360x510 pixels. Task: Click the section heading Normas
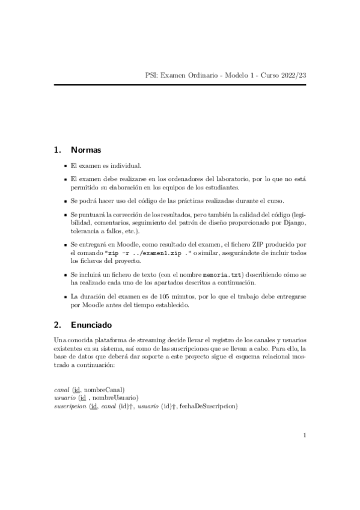click(x=85, y=149)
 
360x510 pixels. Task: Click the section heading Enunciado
click(x=91, y=325)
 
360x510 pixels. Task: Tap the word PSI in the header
click(x=151, y=75)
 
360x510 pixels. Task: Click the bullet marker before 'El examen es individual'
click(x=64, y=165)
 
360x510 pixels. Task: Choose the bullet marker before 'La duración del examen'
click(x=64, y=296)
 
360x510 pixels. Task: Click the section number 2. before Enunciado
click(x=58, y=325)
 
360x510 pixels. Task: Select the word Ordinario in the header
click(x=203, y=75)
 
